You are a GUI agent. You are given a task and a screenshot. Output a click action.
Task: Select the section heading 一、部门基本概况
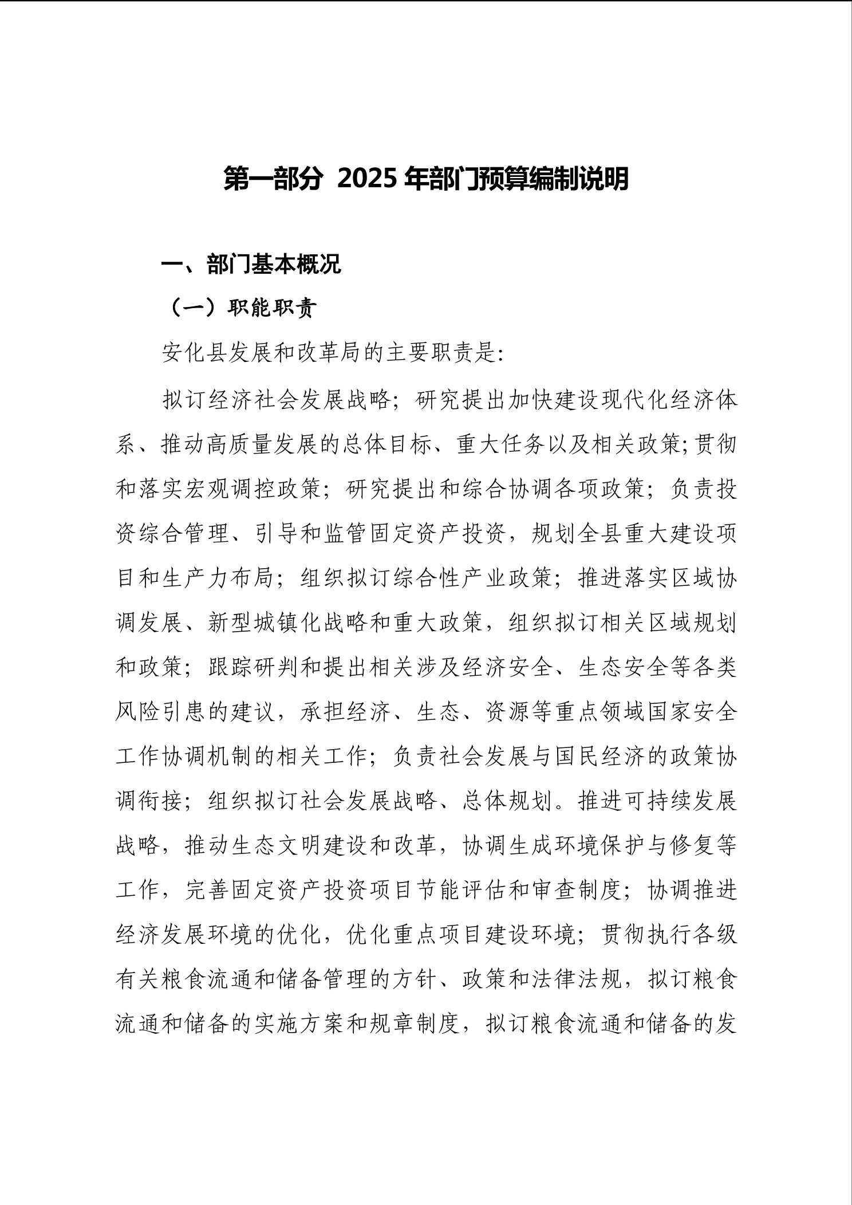[x=251, y=265]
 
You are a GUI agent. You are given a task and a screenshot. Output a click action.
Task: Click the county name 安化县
[x=196, y=353]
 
